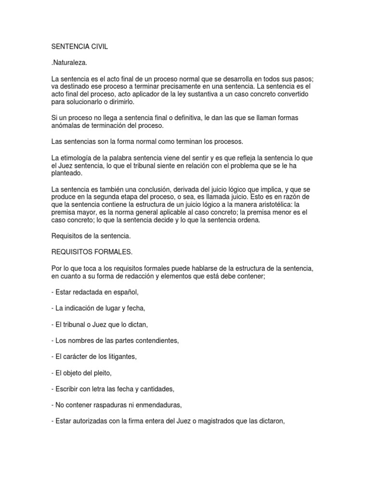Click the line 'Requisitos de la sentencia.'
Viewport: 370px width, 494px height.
pyautogui.click(x=91, y=236)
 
